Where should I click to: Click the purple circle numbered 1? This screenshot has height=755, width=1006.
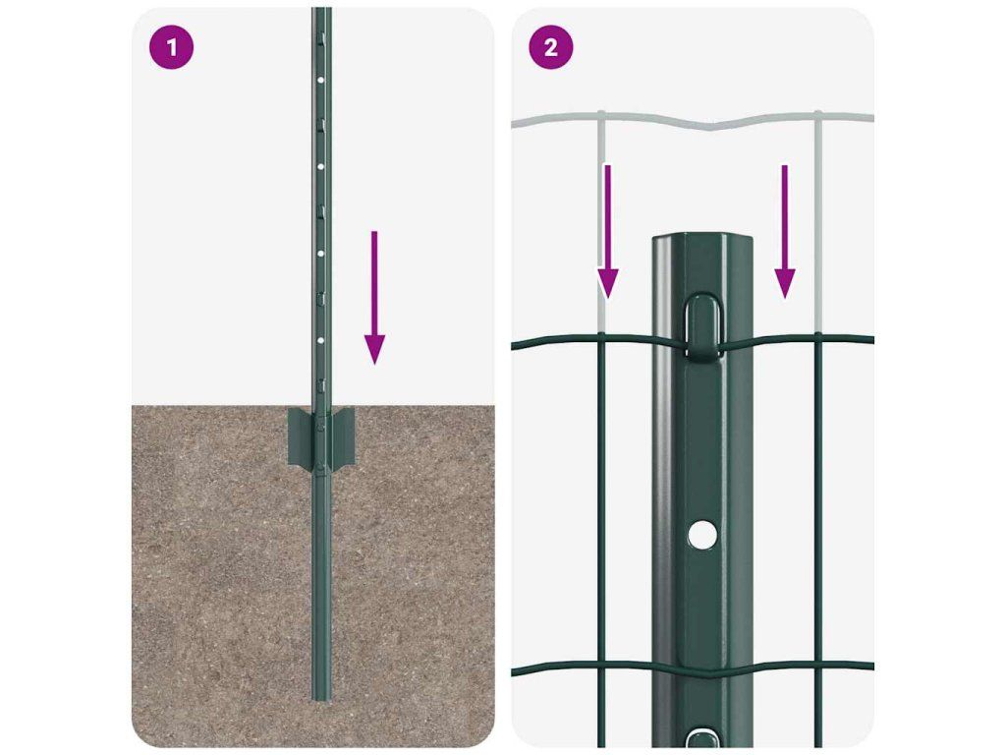click(171, 47)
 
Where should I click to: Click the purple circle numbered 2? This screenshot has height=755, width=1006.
click(550, 47)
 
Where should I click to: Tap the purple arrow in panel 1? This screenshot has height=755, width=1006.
click(374, 298)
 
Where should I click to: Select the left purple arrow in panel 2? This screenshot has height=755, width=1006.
click(607, 231)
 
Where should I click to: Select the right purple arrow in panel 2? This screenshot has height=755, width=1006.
click(785, 231)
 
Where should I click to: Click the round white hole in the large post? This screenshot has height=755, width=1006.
click(701, 534)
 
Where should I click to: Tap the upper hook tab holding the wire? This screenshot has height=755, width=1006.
click(703, 325)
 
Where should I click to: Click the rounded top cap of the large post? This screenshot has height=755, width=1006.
click(702, 243)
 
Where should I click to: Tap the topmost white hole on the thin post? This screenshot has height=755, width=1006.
click(321, 81)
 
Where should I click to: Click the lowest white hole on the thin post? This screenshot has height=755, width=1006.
click(321, 340)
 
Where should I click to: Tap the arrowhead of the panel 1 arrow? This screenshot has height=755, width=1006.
click(374, 350)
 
